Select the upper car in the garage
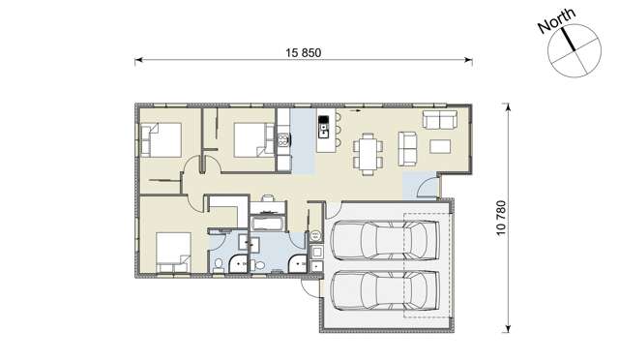385,237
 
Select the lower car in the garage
385,287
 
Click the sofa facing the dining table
408,148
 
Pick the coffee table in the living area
440,147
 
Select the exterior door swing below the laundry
309,283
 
